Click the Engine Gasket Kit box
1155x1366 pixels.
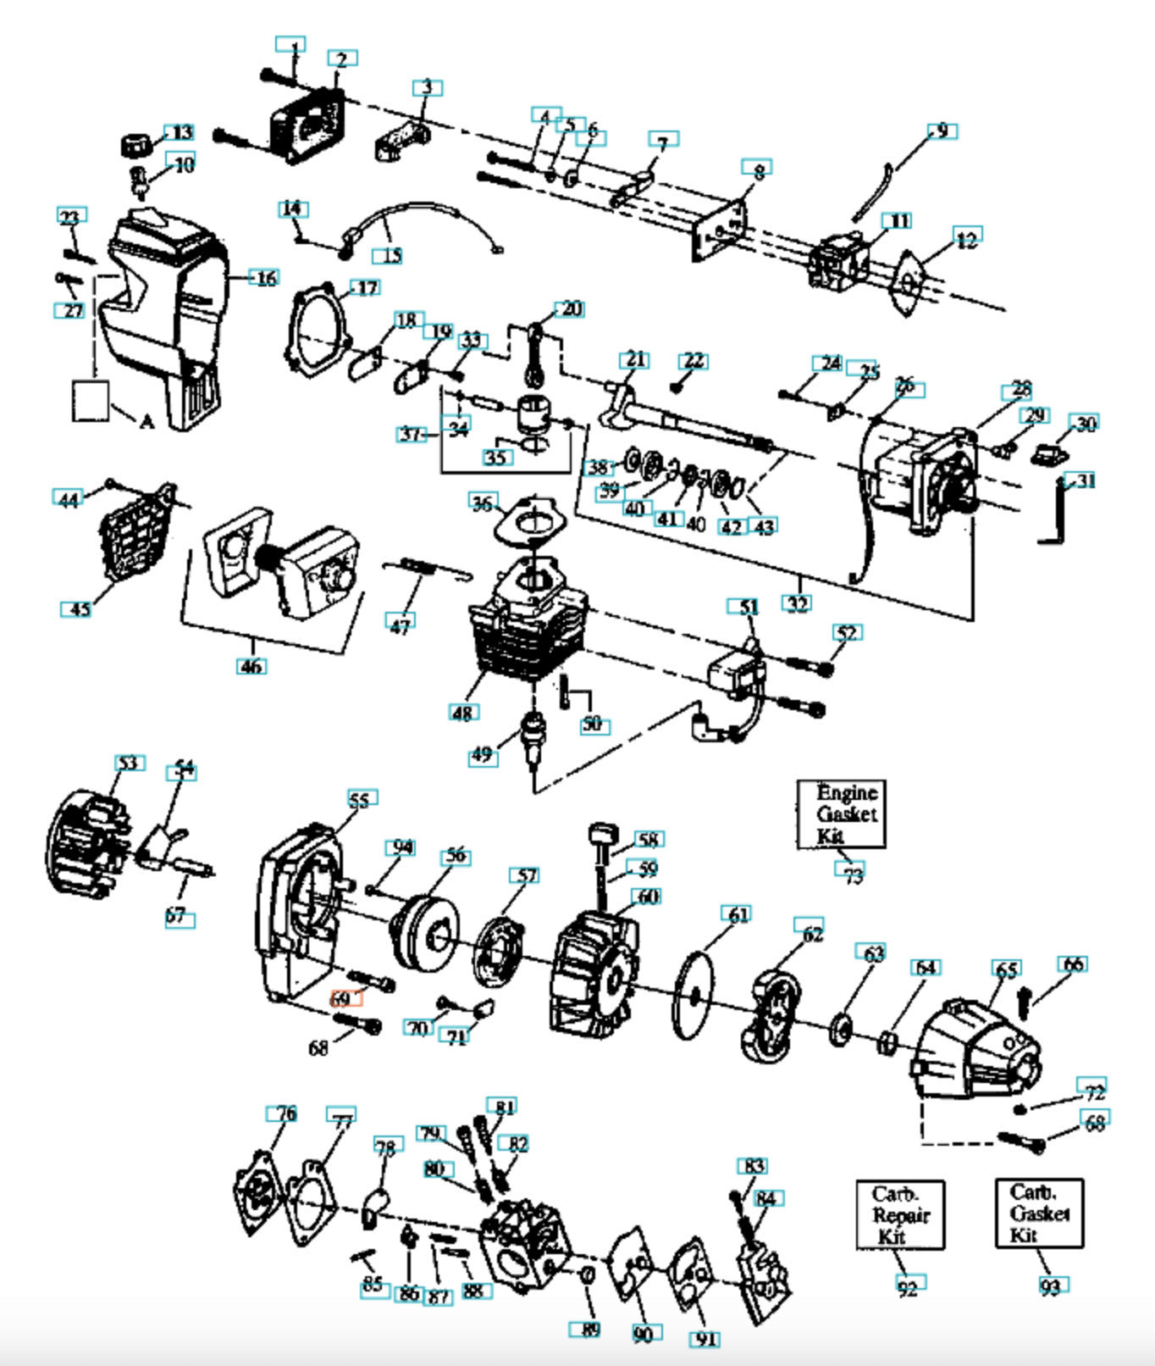[841, 814]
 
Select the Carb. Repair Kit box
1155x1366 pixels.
[900, 1215]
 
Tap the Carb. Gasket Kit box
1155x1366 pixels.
[1039, 1213]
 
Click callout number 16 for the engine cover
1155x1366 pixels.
[266, 278]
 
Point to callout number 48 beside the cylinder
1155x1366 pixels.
[463, 713]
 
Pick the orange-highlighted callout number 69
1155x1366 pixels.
[345, 998]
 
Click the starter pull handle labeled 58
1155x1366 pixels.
[603, 834]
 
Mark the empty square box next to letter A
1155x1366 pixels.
[91, 400]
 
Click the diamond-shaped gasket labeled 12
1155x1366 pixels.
[909, 284]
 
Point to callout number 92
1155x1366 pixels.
[907, 1287]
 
